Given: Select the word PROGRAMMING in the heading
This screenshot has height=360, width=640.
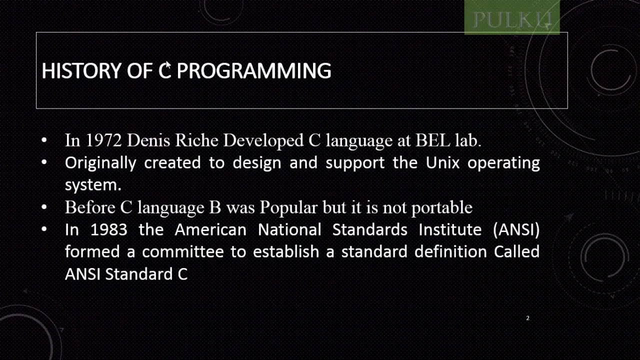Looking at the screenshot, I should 254,71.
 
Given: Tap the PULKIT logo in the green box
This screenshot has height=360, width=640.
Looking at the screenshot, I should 511,19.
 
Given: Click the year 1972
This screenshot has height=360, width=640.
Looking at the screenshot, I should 103,140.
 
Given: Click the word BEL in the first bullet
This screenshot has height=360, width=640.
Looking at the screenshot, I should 432,140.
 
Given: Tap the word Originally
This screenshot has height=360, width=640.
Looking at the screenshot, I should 100,163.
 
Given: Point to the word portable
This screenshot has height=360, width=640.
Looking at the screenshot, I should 441,207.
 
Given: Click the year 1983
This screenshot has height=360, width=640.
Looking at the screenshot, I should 108,230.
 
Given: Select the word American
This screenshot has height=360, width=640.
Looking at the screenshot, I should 210,230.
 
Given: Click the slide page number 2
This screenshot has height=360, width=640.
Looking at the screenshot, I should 527,318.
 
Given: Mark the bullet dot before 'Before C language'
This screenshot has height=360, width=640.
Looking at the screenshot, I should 44,207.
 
